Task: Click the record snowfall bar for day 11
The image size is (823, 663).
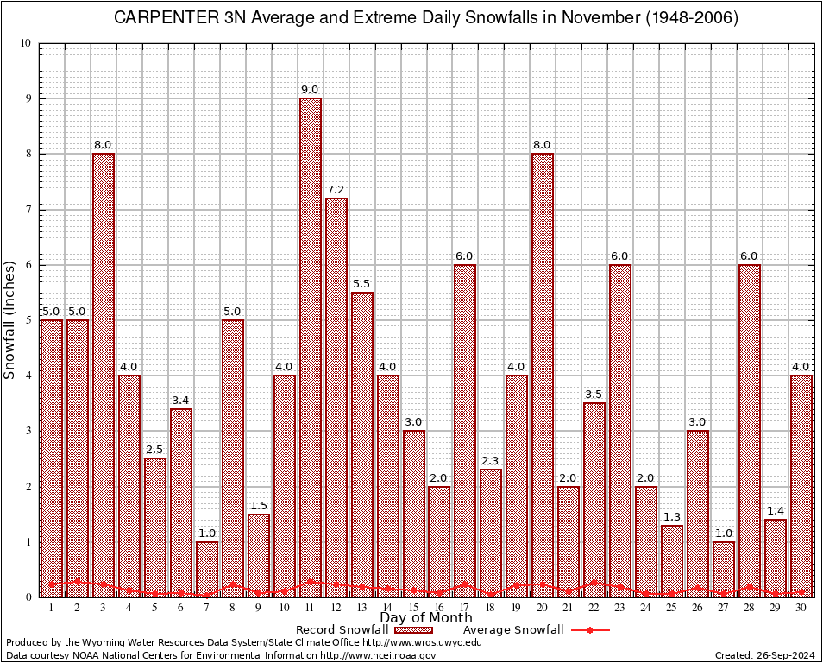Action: click(x=311, y=345)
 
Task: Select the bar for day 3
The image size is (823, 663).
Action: click(x=104, y=371)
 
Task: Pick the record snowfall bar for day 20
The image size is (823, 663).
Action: click(x=543, y=371)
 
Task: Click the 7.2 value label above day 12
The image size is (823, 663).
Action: click(x=336, y=189)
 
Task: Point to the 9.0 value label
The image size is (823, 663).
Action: click(x=311, y=89)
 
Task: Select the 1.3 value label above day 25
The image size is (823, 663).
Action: click(x=672, y=516)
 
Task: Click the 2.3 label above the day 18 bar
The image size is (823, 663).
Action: click(x=491, y=460)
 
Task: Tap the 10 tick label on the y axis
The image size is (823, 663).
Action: click(x=25, y=43)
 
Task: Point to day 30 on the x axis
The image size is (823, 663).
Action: click(x=801, y=608)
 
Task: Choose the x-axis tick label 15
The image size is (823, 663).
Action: click(x=413, y=608)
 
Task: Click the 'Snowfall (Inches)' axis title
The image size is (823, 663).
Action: click(x=10, y=319)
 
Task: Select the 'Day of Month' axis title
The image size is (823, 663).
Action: click(x=426, y=618)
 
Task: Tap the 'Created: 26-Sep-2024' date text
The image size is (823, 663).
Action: click(x=765, y=655)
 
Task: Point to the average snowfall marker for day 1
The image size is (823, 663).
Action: click(x=52, y=584)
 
